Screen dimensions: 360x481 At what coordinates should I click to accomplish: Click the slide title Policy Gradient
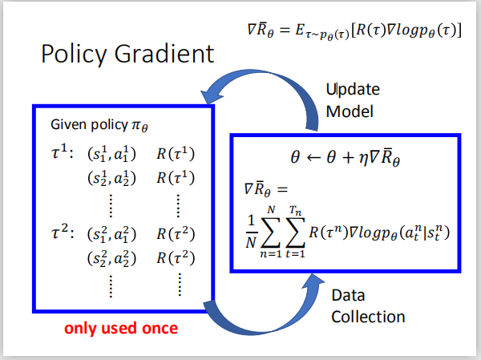127,54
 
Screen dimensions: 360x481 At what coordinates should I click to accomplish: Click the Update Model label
352,99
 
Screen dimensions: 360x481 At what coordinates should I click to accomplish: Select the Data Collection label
368,305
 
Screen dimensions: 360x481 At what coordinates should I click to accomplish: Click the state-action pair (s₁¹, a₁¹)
111,153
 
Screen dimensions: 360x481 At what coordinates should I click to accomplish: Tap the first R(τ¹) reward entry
176,153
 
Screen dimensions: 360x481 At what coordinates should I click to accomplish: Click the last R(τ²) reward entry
176,259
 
